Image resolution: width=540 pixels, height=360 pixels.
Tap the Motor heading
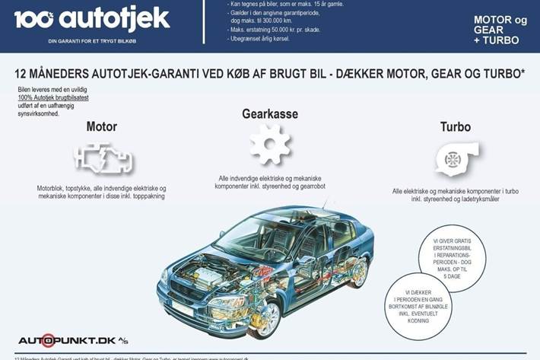pyautogui.click(x=102, y=126)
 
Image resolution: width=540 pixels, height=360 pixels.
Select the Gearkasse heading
pyautogui.click(x=271, y=113)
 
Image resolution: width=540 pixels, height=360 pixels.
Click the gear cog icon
pyautogui.click(x=270, y=145)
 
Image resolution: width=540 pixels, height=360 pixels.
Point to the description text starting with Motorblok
pyautogui.click(x=102, y=192)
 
